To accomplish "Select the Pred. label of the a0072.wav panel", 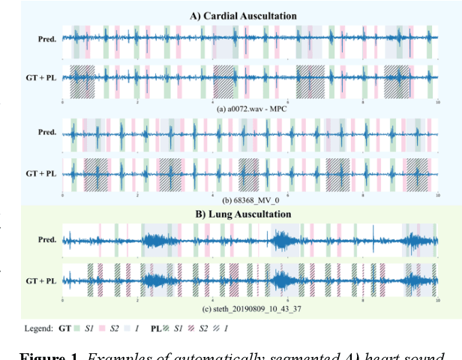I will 47,37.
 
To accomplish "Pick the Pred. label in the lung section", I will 47,240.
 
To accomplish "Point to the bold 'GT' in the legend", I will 66,328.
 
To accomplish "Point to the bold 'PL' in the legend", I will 157,328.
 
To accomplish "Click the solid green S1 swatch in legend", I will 78,328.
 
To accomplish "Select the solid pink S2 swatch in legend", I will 105,328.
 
